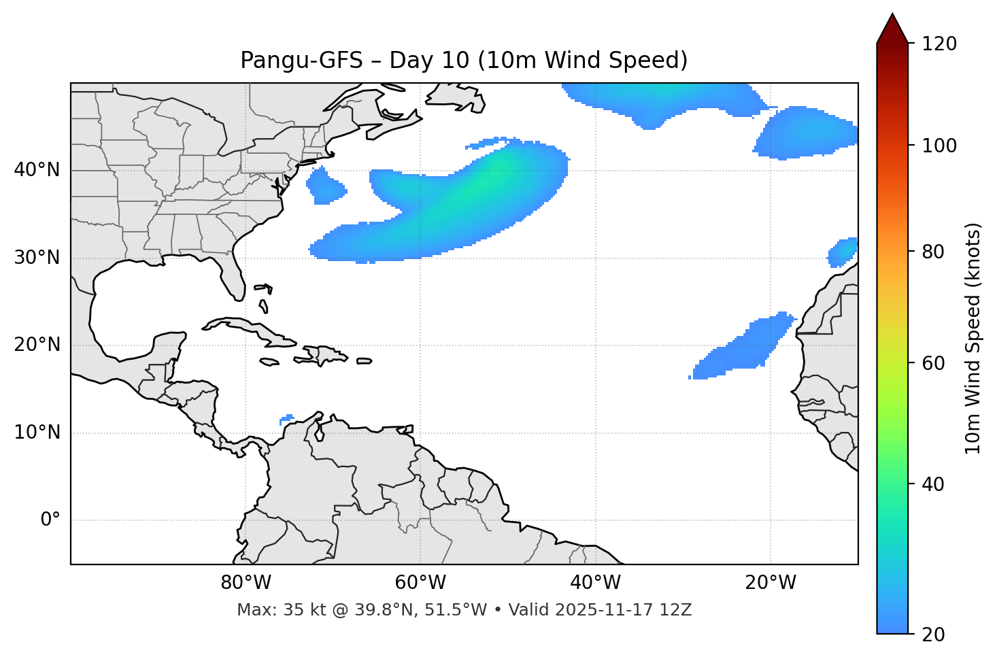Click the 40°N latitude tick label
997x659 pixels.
(x=37, y=170)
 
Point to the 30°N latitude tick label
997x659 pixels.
(x=37, y=258)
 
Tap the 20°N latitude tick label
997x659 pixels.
(x=37, y=345)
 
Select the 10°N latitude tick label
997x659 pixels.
(x=37, y=433)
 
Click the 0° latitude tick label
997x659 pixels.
(x=50, y=520)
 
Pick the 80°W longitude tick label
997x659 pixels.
(x=246, y=583)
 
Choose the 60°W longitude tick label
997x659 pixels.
(x=420, y=583)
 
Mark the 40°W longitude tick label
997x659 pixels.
(x=595, y=583)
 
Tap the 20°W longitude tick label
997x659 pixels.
(x=770, y=583)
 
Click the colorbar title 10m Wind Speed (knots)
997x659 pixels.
(x=973, y=338)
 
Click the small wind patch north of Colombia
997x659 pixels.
(x=287, y=418)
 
